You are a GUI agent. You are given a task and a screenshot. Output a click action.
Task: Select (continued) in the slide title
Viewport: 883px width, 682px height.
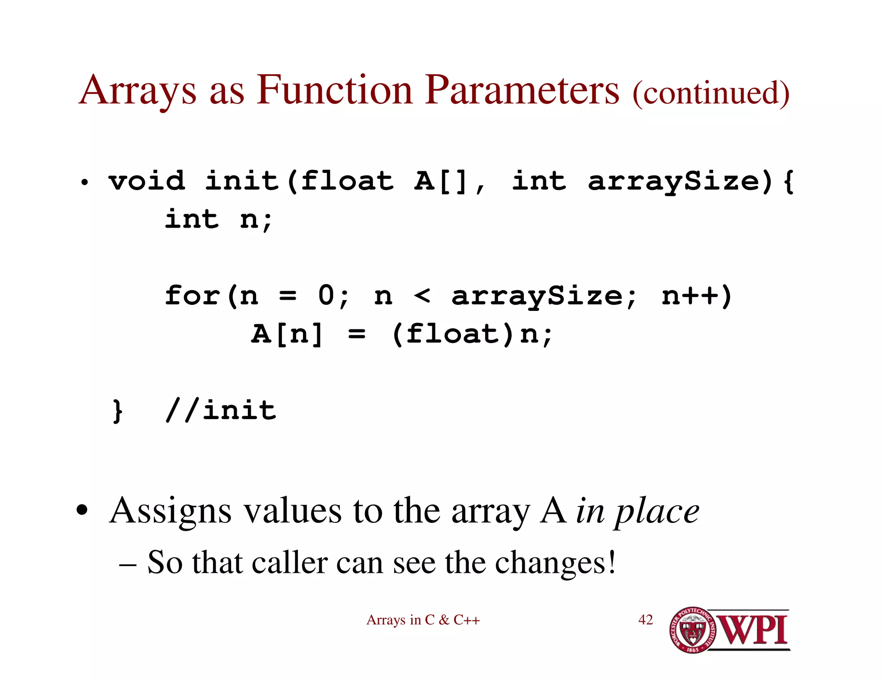click(711, 93)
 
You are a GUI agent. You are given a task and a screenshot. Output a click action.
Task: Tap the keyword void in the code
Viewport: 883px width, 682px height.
click(147, 181)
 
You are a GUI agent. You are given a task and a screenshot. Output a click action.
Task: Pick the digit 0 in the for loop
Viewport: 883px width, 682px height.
click(326, 296)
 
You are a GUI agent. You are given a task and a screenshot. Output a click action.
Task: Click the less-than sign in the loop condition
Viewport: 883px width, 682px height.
click(422, 296)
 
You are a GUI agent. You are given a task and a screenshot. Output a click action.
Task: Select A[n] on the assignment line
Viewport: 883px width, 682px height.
click(287, 334)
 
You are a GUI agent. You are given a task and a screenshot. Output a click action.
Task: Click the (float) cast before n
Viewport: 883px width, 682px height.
click(453, 334)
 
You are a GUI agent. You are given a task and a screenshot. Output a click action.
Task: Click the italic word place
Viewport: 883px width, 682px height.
click(658, 512)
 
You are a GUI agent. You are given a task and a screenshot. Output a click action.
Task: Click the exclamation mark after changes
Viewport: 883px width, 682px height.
click(611, 562)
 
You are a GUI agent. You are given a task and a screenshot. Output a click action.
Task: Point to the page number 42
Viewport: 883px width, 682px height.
click(645, 620)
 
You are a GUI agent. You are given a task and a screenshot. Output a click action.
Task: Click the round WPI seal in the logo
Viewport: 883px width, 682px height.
click(692, 630)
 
